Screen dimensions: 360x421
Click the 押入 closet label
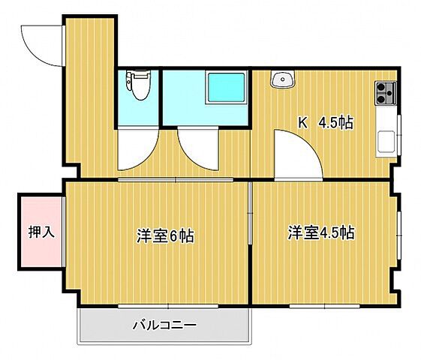pos(42,232)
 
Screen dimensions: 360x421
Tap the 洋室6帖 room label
pos(165,235)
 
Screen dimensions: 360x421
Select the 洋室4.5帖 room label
pos(320,232)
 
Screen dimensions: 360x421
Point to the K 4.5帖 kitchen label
pos(326,122)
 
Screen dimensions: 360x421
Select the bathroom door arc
pos(197,148)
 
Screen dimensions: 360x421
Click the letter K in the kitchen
pos(303,122)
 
